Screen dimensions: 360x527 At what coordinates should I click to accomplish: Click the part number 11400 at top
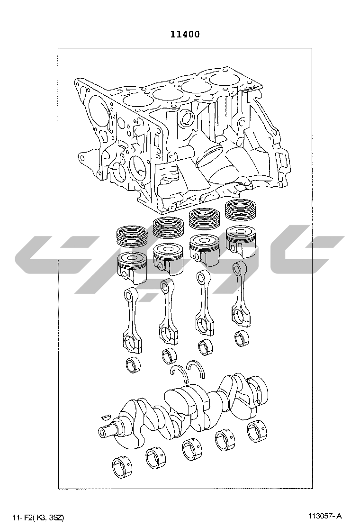[185, 34]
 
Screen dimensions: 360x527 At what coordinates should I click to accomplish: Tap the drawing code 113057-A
[326, 516]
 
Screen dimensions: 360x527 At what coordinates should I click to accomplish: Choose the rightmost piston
[241, 242]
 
